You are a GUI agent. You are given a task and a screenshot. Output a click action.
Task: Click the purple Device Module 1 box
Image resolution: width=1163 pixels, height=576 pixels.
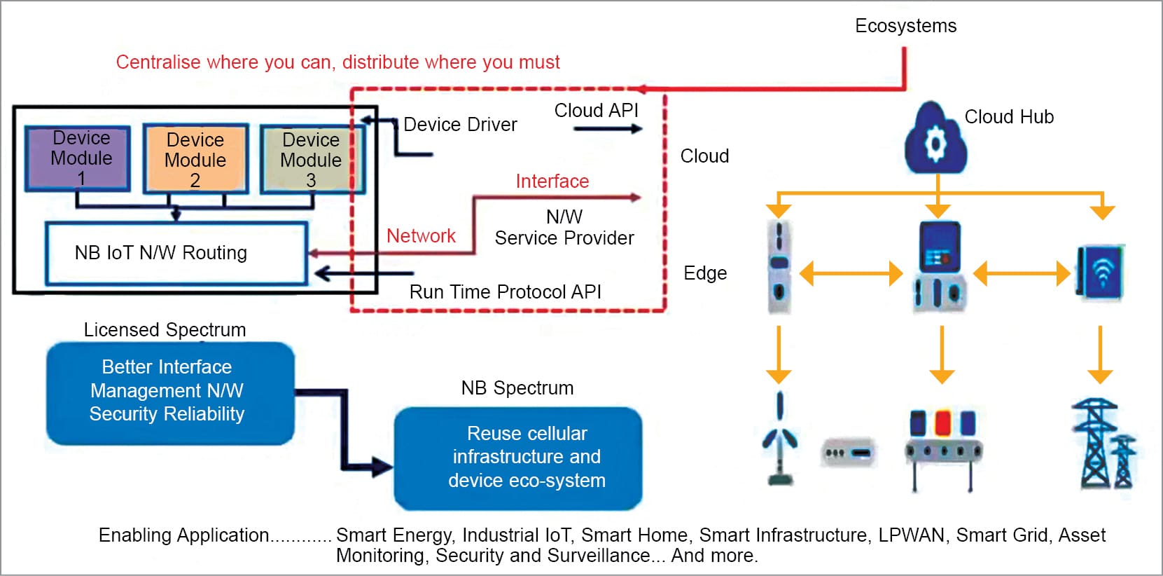78,158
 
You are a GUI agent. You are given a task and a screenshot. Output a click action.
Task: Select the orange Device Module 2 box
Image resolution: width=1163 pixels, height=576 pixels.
195,159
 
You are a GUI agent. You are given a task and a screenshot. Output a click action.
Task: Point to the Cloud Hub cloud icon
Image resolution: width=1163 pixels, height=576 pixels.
935,139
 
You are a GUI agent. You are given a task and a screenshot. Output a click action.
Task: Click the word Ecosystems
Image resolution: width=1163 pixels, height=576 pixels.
905,26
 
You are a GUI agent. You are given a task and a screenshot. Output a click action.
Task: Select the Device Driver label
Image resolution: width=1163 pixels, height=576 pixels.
460,125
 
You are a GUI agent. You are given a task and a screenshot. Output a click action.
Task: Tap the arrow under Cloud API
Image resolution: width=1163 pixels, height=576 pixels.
607,129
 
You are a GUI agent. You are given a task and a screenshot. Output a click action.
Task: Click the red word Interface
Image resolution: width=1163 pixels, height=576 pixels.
552,181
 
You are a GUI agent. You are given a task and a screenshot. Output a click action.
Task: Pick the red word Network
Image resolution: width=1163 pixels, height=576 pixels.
421,236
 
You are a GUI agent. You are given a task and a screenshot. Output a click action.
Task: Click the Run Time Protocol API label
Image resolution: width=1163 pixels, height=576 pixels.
505,292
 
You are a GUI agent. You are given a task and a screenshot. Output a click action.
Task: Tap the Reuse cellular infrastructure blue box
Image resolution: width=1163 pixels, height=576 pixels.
518,458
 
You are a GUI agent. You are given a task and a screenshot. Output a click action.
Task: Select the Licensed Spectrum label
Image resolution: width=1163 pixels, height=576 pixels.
165,330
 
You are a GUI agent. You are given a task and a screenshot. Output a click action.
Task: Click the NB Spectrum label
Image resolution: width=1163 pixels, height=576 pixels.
517,388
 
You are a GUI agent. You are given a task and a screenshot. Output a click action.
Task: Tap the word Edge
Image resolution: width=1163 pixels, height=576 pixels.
705,273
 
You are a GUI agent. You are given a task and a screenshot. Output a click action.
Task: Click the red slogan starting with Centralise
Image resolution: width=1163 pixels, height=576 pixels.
337,62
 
